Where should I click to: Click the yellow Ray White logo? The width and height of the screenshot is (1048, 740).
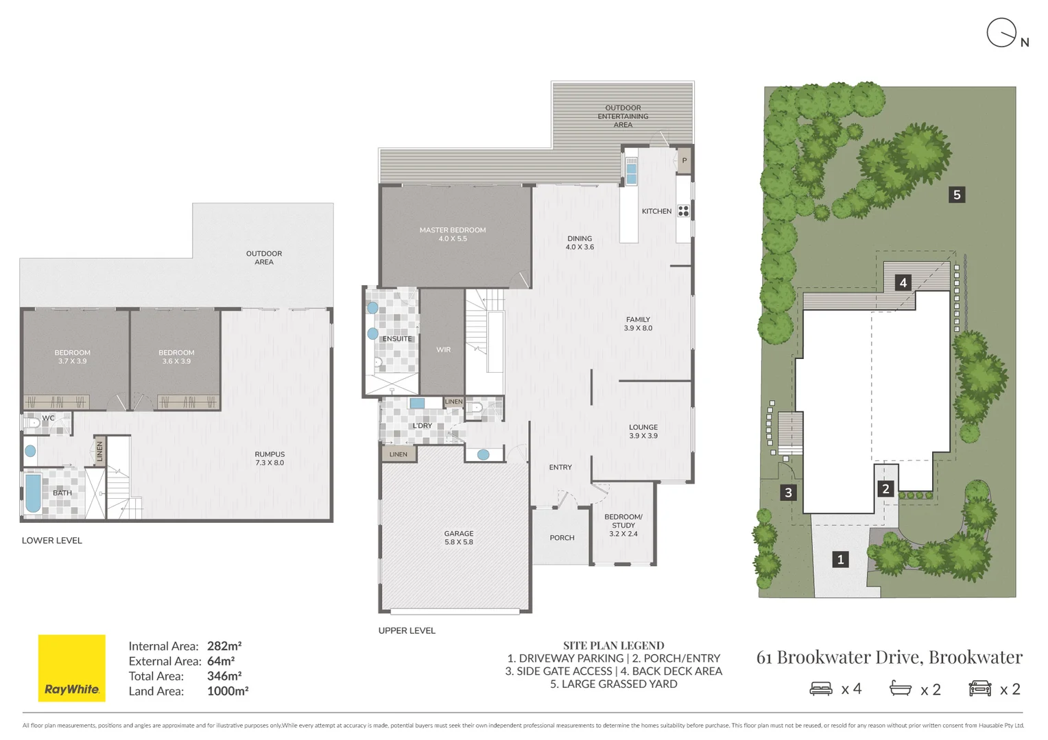[x=71, y=668]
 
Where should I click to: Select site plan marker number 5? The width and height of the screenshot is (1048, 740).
[x=957, y=195]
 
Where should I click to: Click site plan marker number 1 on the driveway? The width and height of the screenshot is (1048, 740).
[x=840, y=559]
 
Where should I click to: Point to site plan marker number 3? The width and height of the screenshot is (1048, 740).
[x=788, y=492]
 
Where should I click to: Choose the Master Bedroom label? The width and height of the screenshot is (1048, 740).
[x=453, y=234]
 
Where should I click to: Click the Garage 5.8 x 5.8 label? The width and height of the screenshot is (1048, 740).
[x=458, y=538]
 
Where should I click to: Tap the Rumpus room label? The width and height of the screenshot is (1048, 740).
[x=270, y=458]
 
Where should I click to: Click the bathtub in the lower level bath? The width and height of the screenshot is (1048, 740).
[x=33, y=493]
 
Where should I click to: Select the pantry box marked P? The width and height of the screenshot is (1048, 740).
[x=684, y=160]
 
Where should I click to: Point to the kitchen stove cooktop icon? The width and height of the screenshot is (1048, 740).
[x=684, y=211]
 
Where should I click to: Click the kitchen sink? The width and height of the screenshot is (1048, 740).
[x=631, y=171]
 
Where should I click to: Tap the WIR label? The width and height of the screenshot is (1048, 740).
[x=443, y=349]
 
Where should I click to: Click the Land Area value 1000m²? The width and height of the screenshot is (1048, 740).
[x=228, y=691]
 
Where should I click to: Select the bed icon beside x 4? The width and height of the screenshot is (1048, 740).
[x=821, y=689]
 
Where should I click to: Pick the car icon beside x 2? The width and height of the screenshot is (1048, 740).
[x=979, y=689]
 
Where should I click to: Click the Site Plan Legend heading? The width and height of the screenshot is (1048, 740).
[x=613, y=645]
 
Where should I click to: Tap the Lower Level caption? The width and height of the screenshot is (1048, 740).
[x=52, y=541]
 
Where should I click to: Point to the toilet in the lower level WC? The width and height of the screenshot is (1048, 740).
[x=32, y=423]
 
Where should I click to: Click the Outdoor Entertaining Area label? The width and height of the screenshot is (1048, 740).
[x=623, y=116]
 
